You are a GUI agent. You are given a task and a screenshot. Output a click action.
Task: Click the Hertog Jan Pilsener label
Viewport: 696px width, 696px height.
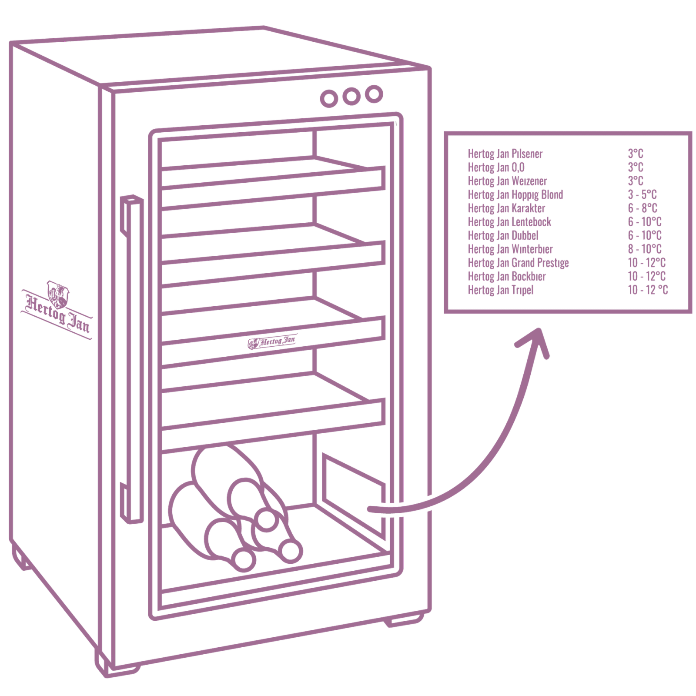pyautogui.click(x=505, y=154)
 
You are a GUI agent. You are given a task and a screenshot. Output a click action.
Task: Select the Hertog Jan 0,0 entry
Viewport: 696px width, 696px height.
pyautogui.click(x=496, y=167)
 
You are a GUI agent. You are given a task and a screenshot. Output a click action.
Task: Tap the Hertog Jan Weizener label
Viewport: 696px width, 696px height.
pyautogui.click(x=507, y=181)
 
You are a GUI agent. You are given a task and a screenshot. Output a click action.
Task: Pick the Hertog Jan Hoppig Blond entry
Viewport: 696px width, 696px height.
pyautogui.click(x=515, y=195)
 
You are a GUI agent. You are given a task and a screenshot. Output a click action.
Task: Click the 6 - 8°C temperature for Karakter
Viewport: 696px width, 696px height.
pyautogui.click(x=642, y=208)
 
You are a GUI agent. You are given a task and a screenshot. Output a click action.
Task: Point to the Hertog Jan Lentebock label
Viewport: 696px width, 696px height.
pyautogui.click(x=509, y=222)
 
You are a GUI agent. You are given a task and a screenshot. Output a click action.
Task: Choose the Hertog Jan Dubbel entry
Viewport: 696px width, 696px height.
pyautogui.click(x=503, y=235)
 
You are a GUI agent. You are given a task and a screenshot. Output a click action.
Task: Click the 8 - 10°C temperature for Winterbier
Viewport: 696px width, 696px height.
pyautogui.click(x=645, y=249)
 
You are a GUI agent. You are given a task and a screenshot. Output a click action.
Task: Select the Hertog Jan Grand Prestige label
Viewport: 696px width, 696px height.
pyautogui.click(x=518, y=263)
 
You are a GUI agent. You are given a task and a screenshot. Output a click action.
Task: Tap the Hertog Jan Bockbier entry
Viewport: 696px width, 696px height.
pyautogui.click(x=507, y=276)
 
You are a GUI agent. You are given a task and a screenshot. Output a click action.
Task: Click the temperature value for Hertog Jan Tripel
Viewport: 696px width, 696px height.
pyautogui.click(x=648, y=290)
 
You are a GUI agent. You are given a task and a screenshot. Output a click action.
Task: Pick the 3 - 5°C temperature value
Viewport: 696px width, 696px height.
pyautogui.click(x=642, y=194)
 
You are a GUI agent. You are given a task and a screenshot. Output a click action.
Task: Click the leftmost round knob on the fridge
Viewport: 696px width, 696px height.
pyautogui.click(x=329, y=99)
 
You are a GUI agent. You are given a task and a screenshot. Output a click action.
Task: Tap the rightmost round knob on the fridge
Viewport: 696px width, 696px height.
pyautogui.click(x=374, y=94)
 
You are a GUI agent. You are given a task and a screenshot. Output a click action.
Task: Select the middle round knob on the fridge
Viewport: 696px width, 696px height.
pyautogui.click(x=351, y=96)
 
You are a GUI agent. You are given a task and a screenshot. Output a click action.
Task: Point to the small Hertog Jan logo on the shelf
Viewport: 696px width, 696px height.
pyautogui.click(x=272, y=342)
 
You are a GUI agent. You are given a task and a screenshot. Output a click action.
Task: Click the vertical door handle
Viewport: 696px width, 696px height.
pyautogui.click(x=132, y=359)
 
